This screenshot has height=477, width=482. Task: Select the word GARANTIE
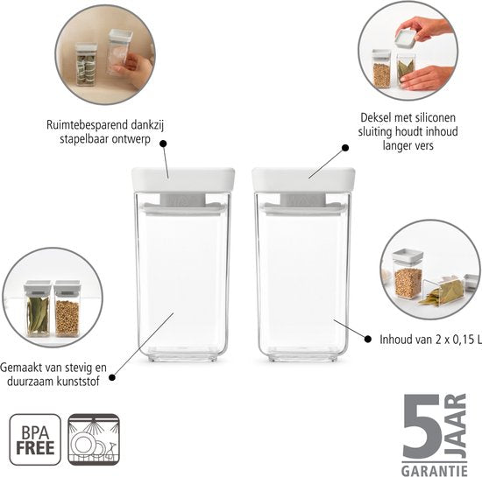pyautogui.click(x=435, y=471)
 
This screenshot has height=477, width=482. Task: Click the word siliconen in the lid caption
pyautogui.click(x=435, y=117)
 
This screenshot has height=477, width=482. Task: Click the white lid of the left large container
pyautogui.click(x=183, y=179)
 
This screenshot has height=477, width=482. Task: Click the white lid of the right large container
pyautogui.click(x=303, y=179)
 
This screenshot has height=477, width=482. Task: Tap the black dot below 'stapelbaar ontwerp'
pyautogui.click(x=163, y=144)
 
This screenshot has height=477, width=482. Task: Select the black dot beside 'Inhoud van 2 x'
pyautogui.click(x=368, y=340)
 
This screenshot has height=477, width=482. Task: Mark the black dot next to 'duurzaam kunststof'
pyautogui.click(x=112, y=377)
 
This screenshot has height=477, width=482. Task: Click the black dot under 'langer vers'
pyautogui.click(x=345, y=148)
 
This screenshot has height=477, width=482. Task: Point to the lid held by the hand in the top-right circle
pyautogui.click(x=406, y=38)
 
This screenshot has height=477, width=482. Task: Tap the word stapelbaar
pyautogui.click(x=83, y=139)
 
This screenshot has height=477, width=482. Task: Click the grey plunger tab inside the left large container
pyautogui.click(x=183, y=200)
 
